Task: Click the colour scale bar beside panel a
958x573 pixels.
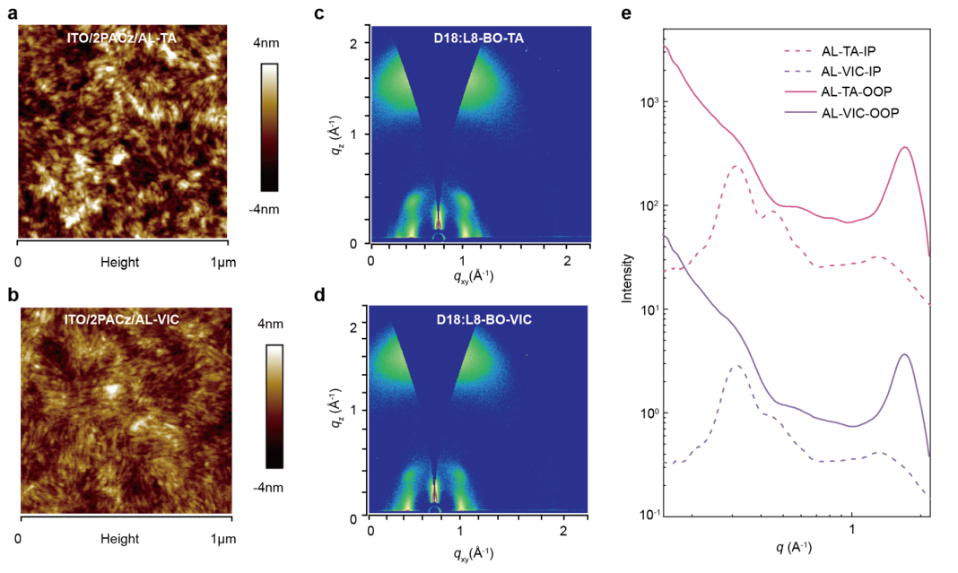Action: click(270, 126)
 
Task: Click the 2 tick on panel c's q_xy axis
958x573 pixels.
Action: click(567, 258)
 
